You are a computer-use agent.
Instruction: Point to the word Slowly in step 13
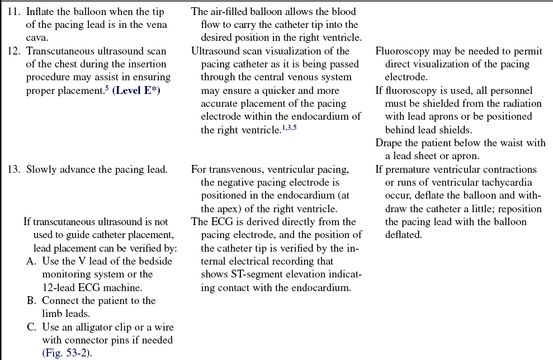coord(42,170)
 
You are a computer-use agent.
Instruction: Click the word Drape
coord(390,143)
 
